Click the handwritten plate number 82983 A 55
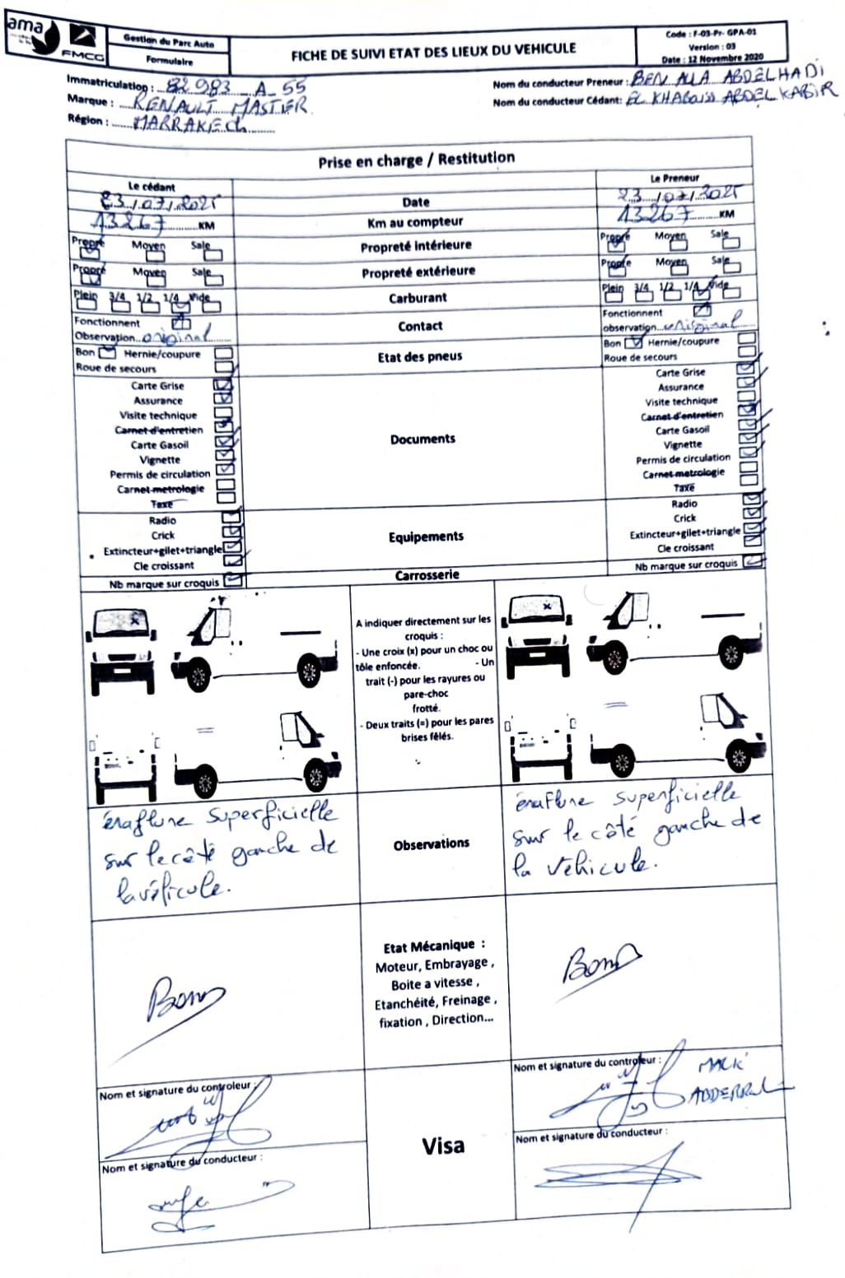coord(235,86)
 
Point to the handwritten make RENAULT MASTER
coord(212,105)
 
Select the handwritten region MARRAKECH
coord(190,125)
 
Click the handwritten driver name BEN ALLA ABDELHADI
coord(727,77)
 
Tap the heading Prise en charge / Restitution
coord(416,160)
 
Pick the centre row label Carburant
coord(418,298)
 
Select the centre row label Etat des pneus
coord(420,356)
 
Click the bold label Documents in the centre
coord(422,439)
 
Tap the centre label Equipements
coord(426,537)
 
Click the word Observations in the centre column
coord(431,844)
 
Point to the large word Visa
coord(443,1146)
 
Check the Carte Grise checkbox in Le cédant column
coord(223,385)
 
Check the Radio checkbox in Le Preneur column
coord(750,502)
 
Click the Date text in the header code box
coord(712,59)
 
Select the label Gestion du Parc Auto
coord(168,40)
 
